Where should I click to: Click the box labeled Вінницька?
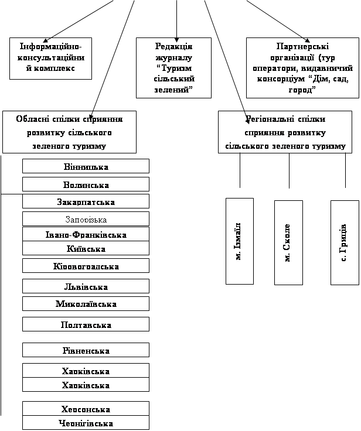click(x=86, y=166)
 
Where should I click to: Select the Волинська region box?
click(x=86, y=185)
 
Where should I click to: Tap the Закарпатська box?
click(x=86, y=202)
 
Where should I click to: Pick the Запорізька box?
click(x=86, y=219)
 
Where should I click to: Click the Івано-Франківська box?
click(x=86, y=235)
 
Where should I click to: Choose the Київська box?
click(x=86, y=249)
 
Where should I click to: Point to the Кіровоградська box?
click(x=86, y=266)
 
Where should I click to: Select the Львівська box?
click(x=86, y=287)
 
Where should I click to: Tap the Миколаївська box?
click(x=86, y=304)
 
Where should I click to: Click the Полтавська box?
click(x=86, y=324)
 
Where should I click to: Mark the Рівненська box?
click(x=86, y=350)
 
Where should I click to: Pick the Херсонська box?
click(x=86, y=409)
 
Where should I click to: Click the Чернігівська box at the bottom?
click(x=86, y=423)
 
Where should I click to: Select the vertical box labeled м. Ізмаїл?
click(x=239, y=241)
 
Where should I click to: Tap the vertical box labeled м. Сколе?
click(x=288, y=242)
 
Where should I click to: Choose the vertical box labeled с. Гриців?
click(x=345, y=242)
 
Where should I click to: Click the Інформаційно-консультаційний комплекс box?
click(x=51, y=59)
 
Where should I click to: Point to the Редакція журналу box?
click(x=173, y=68)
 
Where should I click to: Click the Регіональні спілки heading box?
click(x=285, y=132)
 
